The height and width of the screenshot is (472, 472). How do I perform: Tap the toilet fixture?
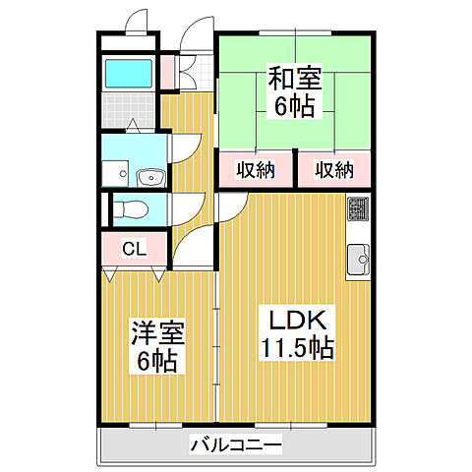[132, 208]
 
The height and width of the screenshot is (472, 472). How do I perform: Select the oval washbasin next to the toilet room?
[149, 177]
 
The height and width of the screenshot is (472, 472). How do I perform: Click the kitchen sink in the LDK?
[358, 260]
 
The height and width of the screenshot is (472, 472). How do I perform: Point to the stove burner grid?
[358, 209]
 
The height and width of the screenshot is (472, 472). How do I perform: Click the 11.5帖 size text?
[296, 347]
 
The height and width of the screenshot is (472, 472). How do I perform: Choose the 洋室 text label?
[157, 334]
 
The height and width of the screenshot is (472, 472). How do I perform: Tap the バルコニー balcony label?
[236, 446]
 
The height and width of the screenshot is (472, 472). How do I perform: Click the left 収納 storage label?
[256, 170]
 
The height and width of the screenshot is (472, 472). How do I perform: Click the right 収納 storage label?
[334, 170]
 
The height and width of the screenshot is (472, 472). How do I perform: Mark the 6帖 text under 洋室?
[157, 362]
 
